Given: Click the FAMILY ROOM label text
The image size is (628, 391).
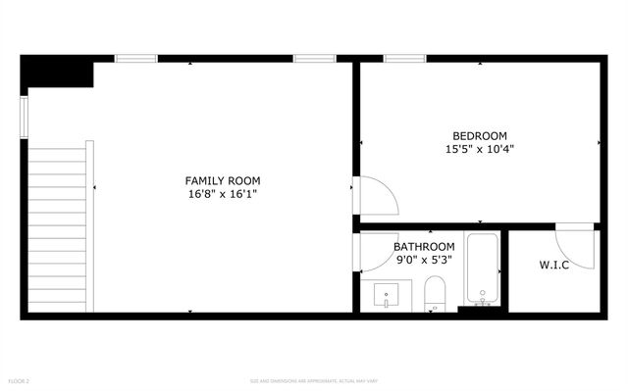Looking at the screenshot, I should click(x=223, y=180).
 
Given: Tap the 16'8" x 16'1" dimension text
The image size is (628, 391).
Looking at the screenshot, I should click(x=223, y=194).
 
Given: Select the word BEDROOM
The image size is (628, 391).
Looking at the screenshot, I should click(x=479, y=135).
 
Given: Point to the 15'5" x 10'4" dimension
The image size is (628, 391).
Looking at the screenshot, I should click(x=479, y=150).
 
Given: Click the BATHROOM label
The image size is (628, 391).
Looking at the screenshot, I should click(x=424, y=246).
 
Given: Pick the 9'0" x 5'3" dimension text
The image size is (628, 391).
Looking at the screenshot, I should click(x=424, y=260).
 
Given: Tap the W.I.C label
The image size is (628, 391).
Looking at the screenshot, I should click(x=554, y=265).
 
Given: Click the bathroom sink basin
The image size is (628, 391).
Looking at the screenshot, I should click(x=386, y=295).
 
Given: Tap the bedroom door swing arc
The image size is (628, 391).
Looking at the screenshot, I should click(x=379, y=196).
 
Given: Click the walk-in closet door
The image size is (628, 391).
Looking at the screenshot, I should click(x=575, y=247).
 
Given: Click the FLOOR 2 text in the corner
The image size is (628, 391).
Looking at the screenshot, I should click(x=19, y=380).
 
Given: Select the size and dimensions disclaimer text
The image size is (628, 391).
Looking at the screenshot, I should click(x=314, y=380).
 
